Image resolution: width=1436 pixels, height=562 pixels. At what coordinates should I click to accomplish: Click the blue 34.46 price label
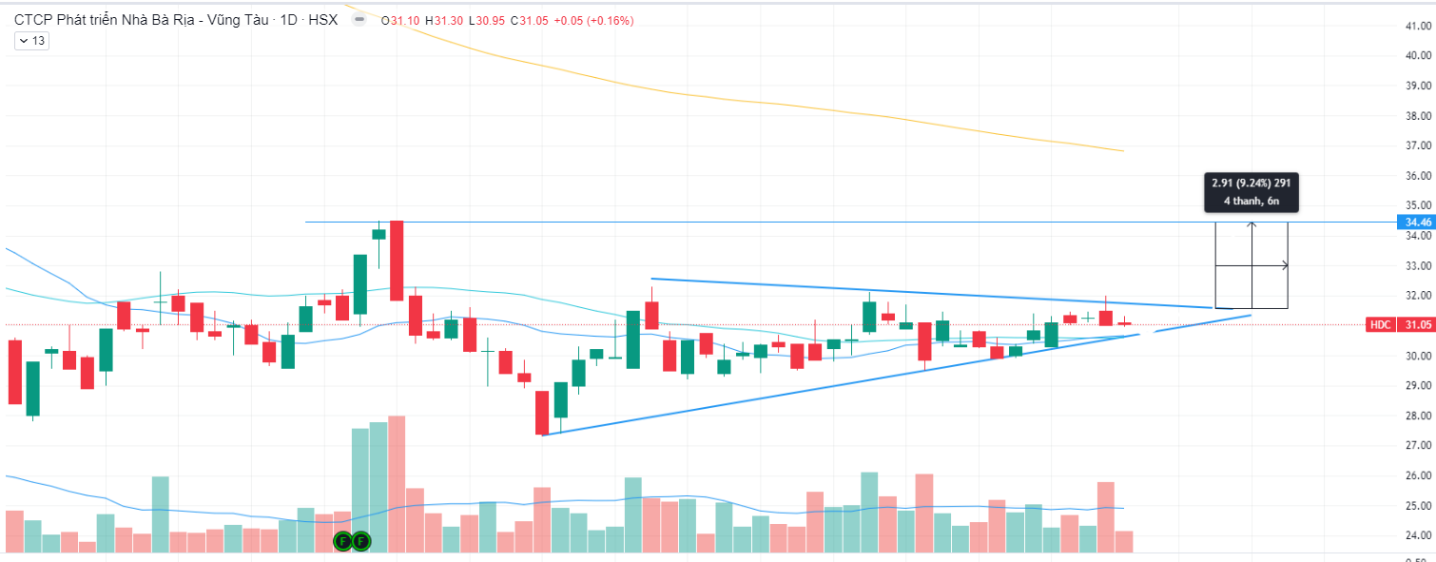point(1413,222)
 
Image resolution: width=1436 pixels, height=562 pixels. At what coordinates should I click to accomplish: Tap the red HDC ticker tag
point(1380,325)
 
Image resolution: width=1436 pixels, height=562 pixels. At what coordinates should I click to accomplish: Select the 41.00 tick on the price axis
point(1418,27)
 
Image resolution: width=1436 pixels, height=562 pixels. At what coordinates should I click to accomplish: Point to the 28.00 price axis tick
point(1418,416)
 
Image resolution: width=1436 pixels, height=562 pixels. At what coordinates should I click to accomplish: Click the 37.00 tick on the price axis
point(1418,145)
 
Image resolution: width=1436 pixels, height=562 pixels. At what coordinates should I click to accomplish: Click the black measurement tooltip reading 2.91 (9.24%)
point(1251,191)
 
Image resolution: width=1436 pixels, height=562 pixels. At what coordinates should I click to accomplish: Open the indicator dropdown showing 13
point(32,41)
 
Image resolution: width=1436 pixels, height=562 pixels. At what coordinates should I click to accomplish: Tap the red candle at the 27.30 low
point(543,412)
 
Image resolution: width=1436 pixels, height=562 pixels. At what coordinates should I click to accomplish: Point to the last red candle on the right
point(1124,323)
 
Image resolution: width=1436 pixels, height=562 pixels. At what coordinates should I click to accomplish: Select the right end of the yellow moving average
point(1123,150)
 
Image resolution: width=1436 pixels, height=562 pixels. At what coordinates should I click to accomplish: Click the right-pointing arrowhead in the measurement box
point(1286,265)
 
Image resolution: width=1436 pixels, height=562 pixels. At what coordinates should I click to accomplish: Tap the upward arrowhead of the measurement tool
point(1252,224)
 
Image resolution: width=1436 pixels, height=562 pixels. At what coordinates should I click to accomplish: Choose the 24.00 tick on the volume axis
point(1418,536)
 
